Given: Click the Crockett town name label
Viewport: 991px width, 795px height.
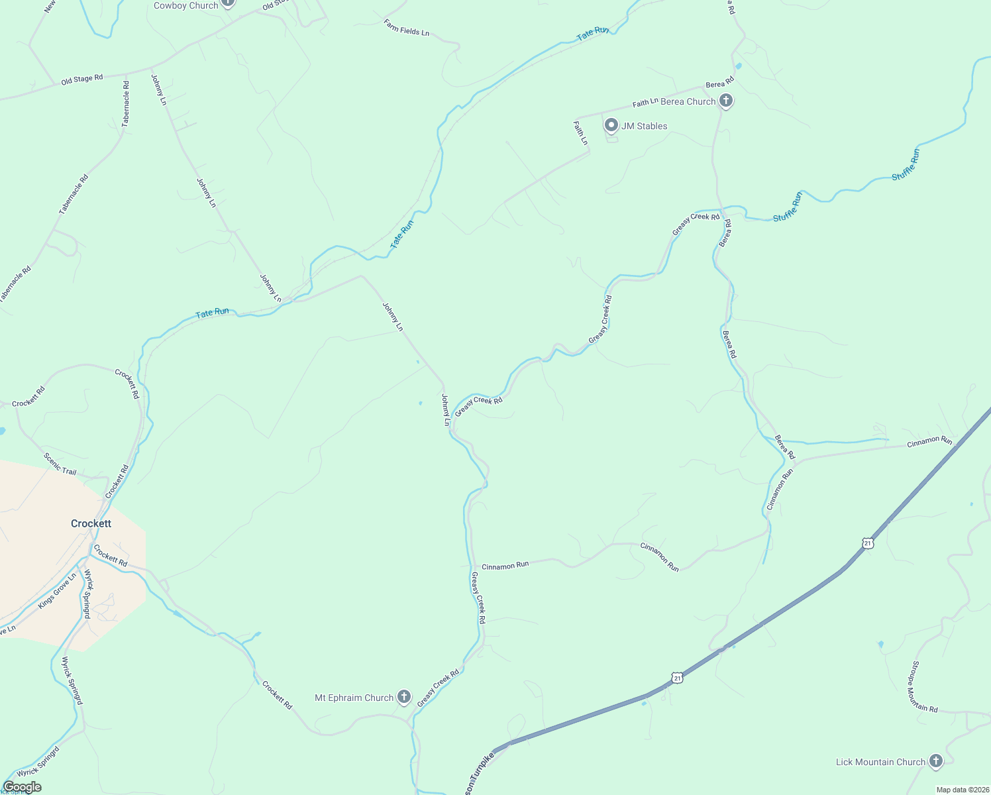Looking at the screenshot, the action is click(x=91, y=523).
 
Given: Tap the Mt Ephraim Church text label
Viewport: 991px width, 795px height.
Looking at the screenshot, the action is click(x=354, y=698).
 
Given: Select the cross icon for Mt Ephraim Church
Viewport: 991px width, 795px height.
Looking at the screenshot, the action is click(x=404, y=697).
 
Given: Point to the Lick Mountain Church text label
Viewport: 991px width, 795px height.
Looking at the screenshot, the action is click(x=880, y=762).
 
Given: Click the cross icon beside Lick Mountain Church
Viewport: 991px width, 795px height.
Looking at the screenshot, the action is click(x=935, y=761).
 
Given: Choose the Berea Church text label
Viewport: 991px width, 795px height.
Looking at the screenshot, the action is click(x=688, y=101).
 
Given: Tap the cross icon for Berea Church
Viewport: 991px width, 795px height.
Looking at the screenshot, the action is click(x=726, y=101).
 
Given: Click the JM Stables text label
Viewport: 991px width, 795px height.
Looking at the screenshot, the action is click(x=644, y=126).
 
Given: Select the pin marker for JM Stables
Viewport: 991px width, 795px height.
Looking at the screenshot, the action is click(x=611, y=125).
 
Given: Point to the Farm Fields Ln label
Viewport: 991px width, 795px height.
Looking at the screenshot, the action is click(x=406, y=27).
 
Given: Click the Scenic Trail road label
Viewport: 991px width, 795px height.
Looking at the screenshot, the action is click(x=60, y=464).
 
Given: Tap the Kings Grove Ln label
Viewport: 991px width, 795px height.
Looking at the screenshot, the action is click(x=57, y=591).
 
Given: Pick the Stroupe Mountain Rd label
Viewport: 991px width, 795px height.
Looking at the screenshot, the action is click(x=924, y=686).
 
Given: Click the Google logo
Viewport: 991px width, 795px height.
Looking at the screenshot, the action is click(x=22, y=787).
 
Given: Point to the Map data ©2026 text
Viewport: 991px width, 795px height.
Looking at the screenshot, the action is click(x=962, y=790).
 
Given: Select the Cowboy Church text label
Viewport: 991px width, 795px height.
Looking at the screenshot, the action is click(x=185, y=5).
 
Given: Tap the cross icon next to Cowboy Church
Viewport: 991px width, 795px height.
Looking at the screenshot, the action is click(x=228, y=3).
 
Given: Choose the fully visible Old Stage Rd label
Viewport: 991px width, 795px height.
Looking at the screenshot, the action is click(x=81, y=79).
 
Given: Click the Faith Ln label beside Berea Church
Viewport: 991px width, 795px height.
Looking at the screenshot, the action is click(x=645, y=103).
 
